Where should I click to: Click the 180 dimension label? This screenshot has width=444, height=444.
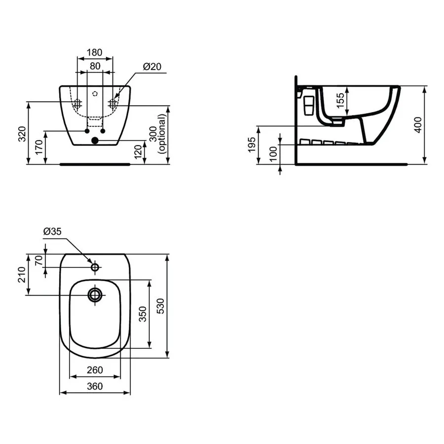94,52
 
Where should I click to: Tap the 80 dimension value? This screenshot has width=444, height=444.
95,66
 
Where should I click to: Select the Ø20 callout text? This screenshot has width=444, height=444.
152,67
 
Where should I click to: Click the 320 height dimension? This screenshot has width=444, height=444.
22,134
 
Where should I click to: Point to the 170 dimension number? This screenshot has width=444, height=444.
39,147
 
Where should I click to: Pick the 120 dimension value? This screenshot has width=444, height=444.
138,152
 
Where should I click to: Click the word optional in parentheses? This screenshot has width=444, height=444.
161,134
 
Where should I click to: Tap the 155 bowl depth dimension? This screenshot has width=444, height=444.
340,101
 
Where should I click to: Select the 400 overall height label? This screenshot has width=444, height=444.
418,125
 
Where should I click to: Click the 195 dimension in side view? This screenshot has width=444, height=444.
252,145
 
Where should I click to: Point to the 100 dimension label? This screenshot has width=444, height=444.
273,154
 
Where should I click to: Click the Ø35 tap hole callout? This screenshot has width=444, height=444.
52,231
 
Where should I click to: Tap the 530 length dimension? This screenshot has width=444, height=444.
160,306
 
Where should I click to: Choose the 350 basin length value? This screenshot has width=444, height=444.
143,314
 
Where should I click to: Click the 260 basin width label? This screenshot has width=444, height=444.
95,370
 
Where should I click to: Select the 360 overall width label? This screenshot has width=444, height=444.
95,386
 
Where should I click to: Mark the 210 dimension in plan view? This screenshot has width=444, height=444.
22,275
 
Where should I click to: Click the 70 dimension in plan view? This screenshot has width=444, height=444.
39,260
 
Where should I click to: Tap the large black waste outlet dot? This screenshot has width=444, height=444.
95,140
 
